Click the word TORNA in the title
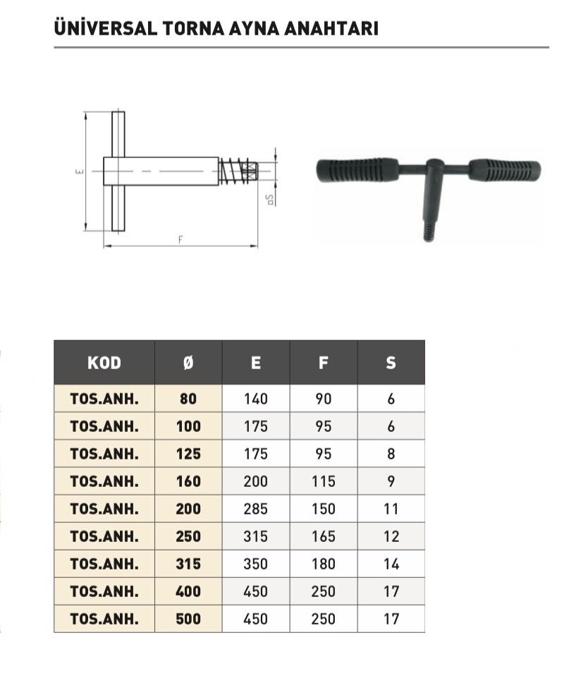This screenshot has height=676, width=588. click(193, 28)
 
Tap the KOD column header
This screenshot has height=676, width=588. click(104, 363)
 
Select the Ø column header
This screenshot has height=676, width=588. click(188, 363)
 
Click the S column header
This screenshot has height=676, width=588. click(391, 363)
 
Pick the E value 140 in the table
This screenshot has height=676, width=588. click(256, 399)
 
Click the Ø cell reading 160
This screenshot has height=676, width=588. click(188, 481)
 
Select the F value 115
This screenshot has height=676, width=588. click(324, 481)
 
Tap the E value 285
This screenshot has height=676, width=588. click(256, 509)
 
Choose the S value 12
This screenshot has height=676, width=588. click(391, 536)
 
